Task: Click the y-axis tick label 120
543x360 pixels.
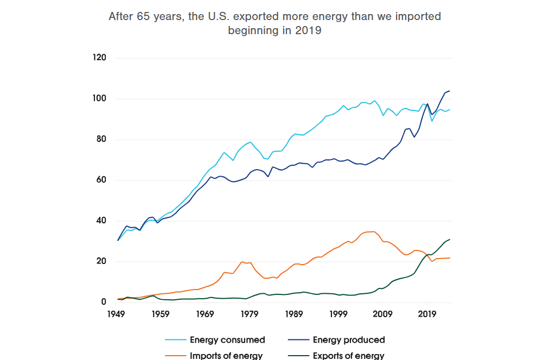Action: [x=100, y=58]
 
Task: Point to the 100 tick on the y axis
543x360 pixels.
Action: [x=100, y=99]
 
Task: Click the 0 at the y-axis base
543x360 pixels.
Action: [x=104, y=302]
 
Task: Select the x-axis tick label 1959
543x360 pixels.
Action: [x=159, y=313]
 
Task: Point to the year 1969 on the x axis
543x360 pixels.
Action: [x=205, y=313]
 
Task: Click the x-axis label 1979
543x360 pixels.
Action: [x=249, y=313]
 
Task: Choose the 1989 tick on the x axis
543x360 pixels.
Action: [x=293, y=313]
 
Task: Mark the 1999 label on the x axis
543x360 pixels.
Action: [x=338, y=313]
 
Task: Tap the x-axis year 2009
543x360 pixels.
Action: [x=383, y=313]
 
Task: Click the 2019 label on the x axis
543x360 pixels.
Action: [x=427, y=313]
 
